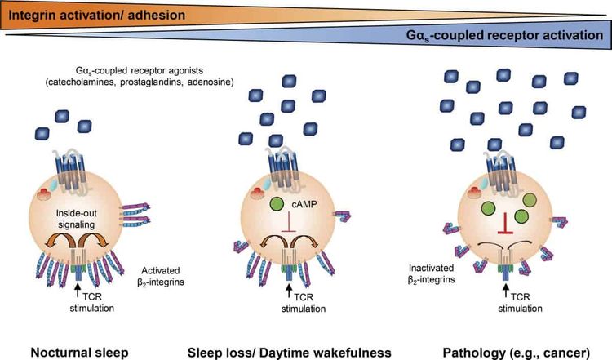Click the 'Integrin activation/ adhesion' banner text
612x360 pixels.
97,16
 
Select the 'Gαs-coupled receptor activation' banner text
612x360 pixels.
504,36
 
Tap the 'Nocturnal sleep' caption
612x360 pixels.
80,352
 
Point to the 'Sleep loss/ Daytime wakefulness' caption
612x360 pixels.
289,352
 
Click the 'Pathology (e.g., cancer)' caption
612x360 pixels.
516,353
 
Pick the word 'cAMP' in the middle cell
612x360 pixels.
304,204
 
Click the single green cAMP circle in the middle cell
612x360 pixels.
277,204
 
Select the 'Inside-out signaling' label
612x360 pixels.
76,219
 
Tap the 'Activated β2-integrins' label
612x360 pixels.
161,276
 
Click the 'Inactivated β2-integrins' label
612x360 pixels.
432,273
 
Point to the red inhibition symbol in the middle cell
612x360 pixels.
289,222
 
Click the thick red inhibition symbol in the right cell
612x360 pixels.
505,224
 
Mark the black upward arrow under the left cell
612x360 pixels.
78,290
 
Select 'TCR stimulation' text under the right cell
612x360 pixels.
521,303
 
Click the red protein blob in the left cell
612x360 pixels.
45,193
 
